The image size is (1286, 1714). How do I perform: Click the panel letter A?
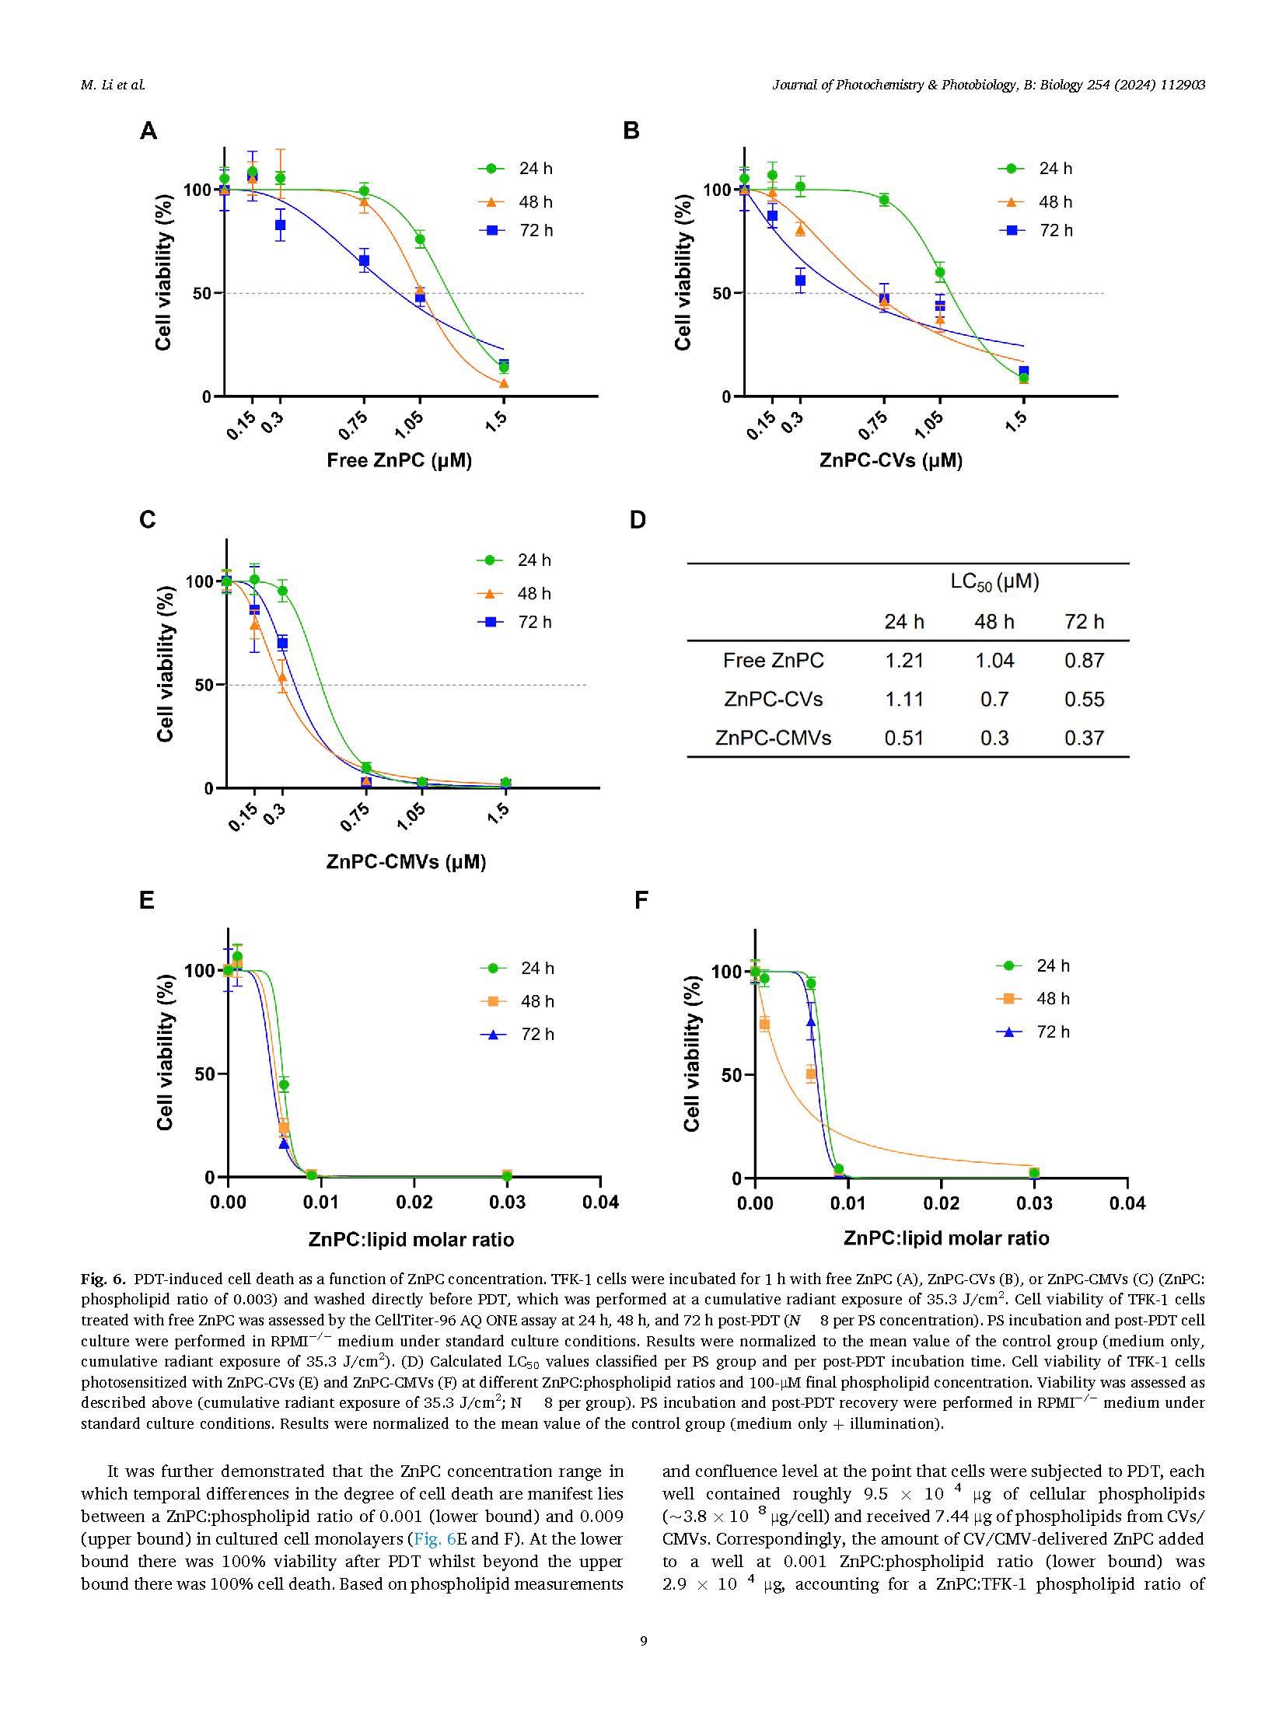point(148,131)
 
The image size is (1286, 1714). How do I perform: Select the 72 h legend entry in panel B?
point(1042,230)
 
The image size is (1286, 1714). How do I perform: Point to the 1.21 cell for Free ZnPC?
point(903,661)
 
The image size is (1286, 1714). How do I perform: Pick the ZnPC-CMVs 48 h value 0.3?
point(994,738)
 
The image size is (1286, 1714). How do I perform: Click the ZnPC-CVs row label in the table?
point(773,700)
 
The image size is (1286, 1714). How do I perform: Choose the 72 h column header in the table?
point(1084,622)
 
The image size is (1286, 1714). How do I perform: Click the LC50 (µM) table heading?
point(994,581)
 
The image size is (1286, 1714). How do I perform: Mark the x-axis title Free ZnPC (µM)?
point(399,460)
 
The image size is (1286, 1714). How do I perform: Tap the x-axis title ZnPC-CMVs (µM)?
point(406,861)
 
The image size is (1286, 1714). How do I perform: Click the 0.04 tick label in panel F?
point(1127,1204)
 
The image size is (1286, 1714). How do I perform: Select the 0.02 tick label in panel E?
point(414,1203)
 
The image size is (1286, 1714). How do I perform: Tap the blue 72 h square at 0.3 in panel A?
point(280,225)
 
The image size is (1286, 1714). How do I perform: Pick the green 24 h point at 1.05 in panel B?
point(940,273)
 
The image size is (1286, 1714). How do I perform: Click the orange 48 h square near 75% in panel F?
point(764,1025)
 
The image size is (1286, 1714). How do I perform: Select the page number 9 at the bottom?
point(643,1641)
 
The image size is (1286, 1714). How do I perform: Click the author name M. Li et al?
point(113,85)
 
